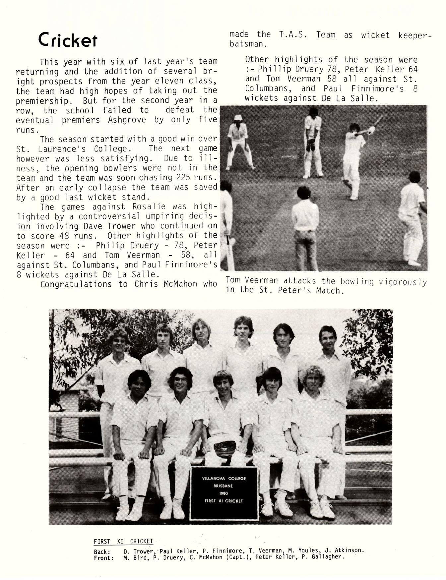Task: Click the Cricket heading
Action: [x=68, y=40]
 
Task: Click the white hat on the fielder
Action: [x=238, y=118]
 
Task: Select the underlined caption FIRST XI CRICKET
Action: [x=123, y=542]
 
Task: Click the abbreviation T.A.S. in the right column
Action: [x=293, y=35]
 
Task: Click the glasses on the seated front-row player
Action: [x=180, y=379]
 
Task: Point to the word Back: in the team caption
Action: [x=101, y=552]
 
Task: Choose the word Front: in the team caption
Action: [x=104, y=558]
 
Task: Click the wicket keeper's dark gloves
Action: [x=310, y=145]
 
